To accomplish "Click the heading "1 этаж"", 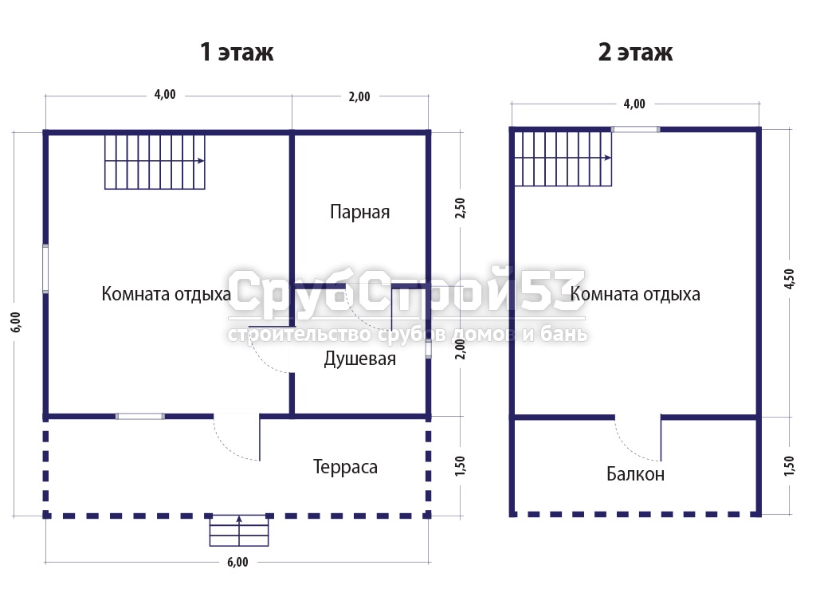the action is [237, 52].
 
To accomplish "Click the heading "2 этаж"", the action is [635, 52].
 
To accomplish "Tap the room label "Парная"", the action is [359, 212].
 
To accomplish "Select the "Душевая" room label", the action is [359, 359].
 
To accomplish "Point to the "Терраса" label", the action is [345, 467].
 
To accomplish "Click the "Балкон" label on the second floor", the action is [635, 474].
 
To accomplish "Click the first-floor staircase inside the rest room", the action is [155, 162].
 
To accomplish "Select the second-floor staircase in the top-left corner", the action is [563, 159].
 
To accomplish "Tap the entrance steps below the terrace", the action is [239, 530].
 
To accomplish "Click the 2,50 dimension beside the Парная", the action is [460, 208].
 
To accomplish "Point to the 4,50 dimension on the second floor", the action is [789, 279].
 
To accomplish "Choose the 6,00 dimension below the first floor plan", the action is [237, 562].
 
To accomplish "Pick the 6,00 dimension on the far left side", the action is [16, 322].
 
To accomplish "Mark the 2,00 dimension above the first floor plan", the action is [359, 96].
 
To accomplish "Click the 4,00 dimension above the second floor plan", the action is [634, 104].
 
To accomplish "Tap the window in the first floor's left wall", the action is [45, 269].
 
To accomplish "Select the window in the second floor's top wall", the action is [635, 129].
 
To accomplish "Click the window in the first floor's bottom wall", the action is [139, 416].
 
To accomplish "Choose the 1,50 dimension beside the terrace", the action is [460, 465].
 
